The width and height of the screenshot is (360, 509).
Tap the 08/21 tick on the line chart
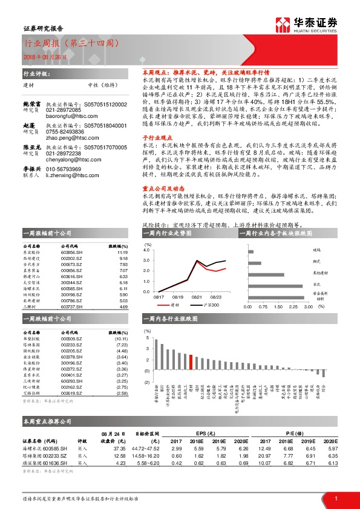coord(197,297)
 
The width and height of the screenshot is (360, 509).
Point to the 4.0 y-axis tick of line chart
coord(146,249)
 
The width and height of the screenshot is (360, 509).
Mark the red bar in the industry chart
coord(191,362)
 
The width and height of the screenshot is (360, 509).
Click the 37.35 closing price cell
coord(119,449)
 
